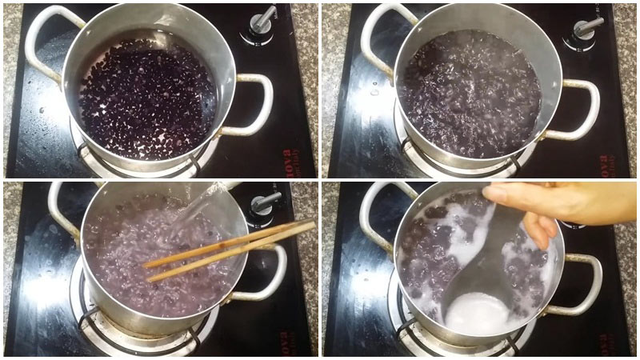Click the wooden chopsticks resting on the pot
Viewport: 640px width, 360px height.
click(232, 247)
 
